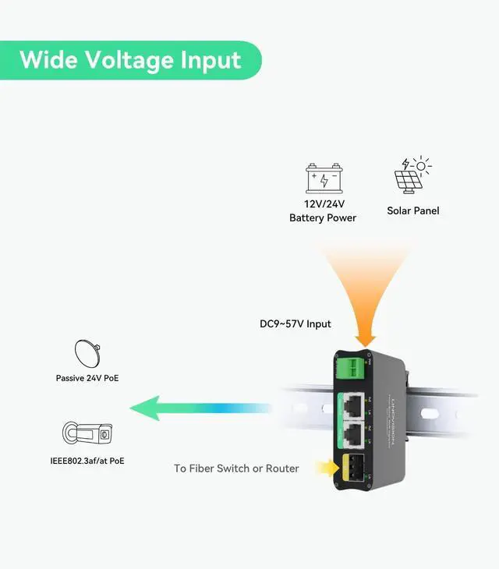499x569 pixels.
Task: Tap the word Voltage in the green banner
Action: tap(128, 60)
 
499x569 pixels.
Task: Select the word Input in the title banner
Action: tap(211, 60)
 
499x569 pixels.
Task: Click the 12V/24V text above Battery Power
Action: tap(324, 203)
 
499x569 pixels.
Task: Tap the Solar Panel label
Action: tap(413, 210)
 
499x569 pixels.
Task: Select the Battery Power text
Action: tap(323, 217)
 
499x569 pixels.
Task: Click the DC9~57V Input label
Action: tap(295, 323)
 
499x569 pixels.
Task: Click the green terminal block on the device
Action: tap(351, 366)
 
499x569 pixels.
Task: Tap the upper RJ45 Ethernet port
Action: tap(352, 405)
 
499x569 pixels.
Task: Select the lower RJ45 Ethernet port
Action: tap(352, 433)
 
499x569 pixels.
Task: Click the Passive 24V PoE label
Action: tap(87, 378)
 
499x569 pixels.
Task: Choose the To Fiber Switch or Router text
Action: tap(236, 468)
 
